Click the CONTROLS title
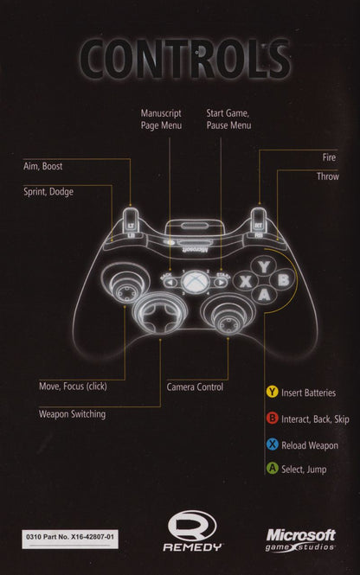pyautogui.click(x=185, y=58)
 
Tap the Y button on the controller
pyautogui.click(x=264, y=266)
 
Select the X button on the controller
pyautogui.click(x=245, y=281)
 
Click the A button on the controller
pyautogui.click(x=264, y=295)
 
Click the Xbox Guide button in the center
pyautogui.click(x=196, y=281)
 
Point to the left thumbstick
pyautogui.click(x=125, y=284)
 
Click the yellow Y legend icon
pyautogui.click(x=272, y=392)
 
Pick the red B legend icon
pyautogui.click(x=272, y=418)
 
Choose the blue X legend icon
pyautogui.click(x=272, y=444)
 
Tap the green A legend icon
pyautogui.click(x=272, y=469)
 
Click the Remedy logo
pyautogui.click(x=193, y=531)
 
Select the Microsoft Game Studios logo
pyautogui.click(x=300, y=540)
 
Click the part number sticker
pyautogui.click(x=70, y=539)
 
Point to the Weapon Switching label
pyautogui.click(x=73, y=414)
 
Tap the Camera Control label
pyautogui.click(x=195, y=387)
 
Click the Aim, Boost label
pyautogui.click(x=43, y=166)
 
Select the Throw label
pyautogui.click(x=328, y=176)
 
